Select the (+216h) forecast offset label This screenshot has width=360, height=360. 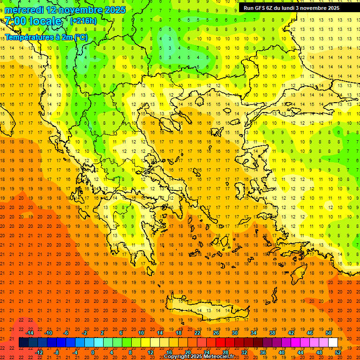83,21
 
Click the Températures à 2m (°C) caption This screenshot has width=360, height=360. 46,37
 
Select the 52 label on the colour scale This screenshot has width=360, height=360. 338,352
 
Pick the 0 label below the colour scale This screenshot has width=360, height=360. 93,352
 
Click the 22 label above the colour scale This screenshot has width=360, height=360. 197,333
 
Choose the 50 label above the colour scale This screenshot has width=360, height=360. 329,333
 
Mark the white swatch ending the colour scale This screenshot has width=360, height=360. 333,343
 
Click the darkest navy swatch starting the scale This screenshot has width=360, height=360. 23,343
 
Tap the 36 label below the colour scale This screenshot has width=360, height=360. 263,352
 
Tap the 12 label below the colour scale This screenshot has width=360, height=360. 150,352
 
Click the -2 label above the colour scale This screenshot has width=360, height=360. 85,333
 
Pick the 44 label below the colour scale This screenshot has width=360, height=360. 300,352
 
